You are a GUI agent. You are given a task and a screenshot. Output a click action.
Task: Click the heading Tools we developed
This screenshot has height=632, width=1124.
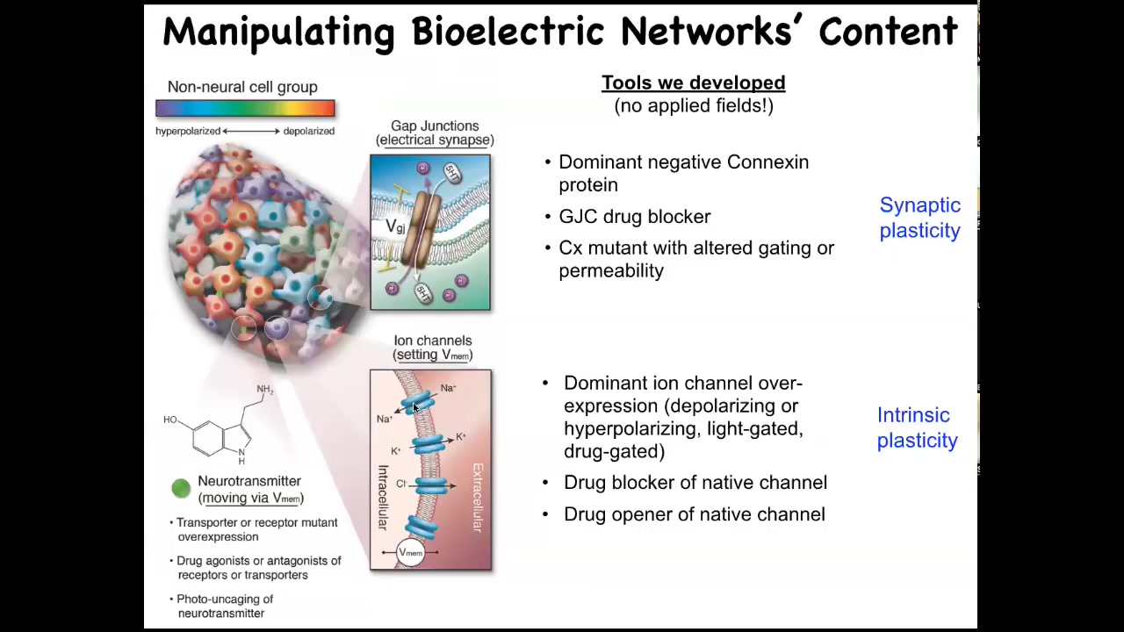coord(694,83)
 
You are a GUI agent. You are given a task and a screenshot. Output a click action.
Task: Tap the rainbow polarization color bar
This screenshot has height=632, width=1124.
coord(245,108)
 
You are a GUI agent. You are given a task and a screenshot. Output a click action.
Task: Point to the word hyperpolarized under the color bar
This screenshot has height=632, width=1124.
coord(188,132)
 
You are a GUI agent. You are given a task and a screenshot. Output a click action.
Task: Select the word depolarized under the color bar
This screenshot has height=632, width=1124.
coord(308,132)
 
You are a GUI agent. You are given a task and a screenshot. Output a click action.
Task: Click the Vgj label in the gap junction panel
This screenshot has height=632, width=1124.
coord(395,226)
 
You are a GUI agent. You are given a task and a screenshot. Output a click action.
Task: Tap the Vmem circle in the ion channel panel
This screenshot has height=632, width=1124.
coord(410,552)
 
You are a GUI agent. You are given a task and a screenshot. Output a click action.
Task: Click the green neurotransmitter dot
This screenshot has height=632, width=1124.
coord(181,488)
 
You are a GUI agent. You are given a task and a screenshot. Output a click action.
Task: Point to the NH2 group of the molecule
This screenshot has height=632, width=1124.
coord(265,389)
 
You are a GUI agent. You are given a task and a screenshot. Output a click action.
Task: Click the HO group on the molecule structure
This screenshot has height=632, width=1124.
coord(170,420)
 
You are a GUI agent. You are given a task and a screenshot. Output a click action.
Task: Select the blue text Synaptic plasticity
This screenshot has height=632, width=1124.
coord(919,218)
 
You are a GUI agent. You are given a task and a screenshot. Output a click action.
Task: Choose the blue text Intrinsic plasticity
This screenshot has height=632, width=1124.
coord(918,427)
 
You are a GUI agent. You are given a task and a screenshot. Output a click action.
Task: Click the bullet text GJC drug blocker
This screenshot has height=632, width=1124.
coord(634,217)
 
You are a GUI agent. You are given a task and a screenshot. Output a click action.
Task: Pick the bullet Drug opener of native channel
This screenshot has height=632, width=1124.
coord(694,514)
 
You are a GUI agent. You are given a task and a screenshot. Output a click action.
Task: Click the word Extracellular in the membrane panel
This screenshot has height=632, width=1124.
coord(477,498)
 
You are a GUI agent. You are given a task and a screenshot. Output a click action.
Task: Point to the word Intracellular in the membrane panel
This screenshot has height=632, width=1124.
coord(382,498)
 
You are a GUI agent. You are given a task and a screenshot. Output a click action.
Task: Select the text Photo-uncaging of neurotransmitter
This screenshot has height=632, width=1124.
coord(225,606)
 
